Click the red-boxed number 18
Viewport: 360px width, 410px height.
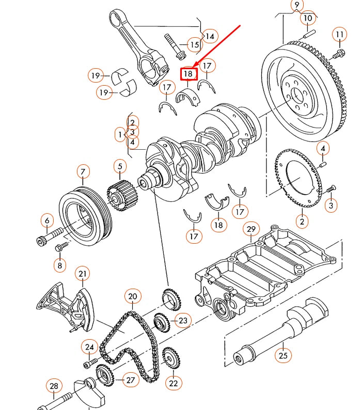(189, 74)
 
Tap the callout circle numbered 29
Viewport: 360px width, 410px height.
(252, 229)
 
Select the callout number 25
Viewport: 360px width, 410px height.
(283, 355)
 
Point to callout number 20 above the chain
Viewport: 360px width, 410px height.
(133, 296)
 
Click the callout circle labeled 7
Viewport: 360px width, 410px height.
(83, 171)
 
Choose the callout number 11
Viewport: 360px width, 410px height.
(339, 35)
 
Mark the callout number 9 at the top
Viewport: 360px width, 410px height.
(296, 6)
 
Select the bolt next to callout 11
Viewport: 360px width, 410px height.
(338, 53)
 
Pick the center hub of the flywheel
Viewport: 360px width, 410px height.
(296, 94)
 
